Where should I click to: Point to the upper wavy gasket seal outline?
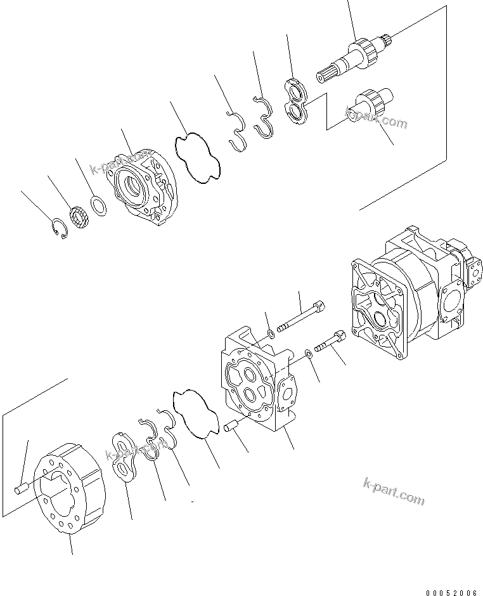pyautogui.click(x=198, y=157)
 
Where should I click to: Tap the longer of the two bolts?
pyautogui.click(x=302, y=318)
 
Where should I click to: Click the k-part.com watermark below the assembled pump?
pyautogui.click(x=394, y=492)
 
